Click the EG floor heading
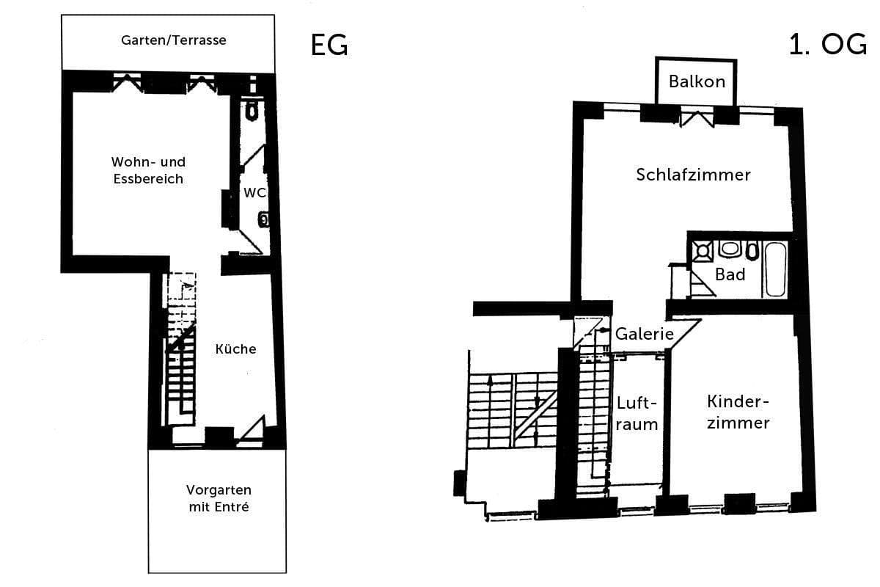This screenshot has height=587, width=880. tap(329, 45)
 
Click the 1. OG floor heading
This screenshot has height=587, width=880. tap(827, 45)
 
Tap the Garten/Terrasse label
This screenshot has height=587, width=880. tap(174, 40)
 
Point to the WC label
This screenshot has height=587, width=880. tap(254, 192)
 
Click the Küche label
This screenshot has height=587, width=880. tap(235, 349)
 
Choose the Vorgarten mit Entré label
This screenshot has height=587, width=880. tap(218, 498)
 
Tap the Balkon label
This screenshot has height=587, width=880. tap(696, 81)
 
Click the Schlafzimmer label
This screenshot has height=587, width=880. tap(693, 175)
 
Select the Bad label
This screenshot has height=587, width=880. tap(730, 274)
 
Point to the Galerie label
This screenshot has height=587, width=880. tap(644, 334)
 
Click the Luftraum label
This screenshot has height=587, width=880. tap(636, 414)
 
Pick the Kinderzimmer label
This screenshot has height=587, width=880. tap(738, 412)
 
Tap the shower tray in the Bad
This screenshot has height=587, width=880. tap(703, 251)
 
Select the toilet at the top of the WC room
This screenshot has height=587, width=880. tap(252, 111)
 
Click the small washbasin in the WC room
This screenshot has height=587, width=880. tap(263, 219)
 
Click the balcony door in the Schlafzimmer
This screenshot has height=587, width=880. tap(696, 117)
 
